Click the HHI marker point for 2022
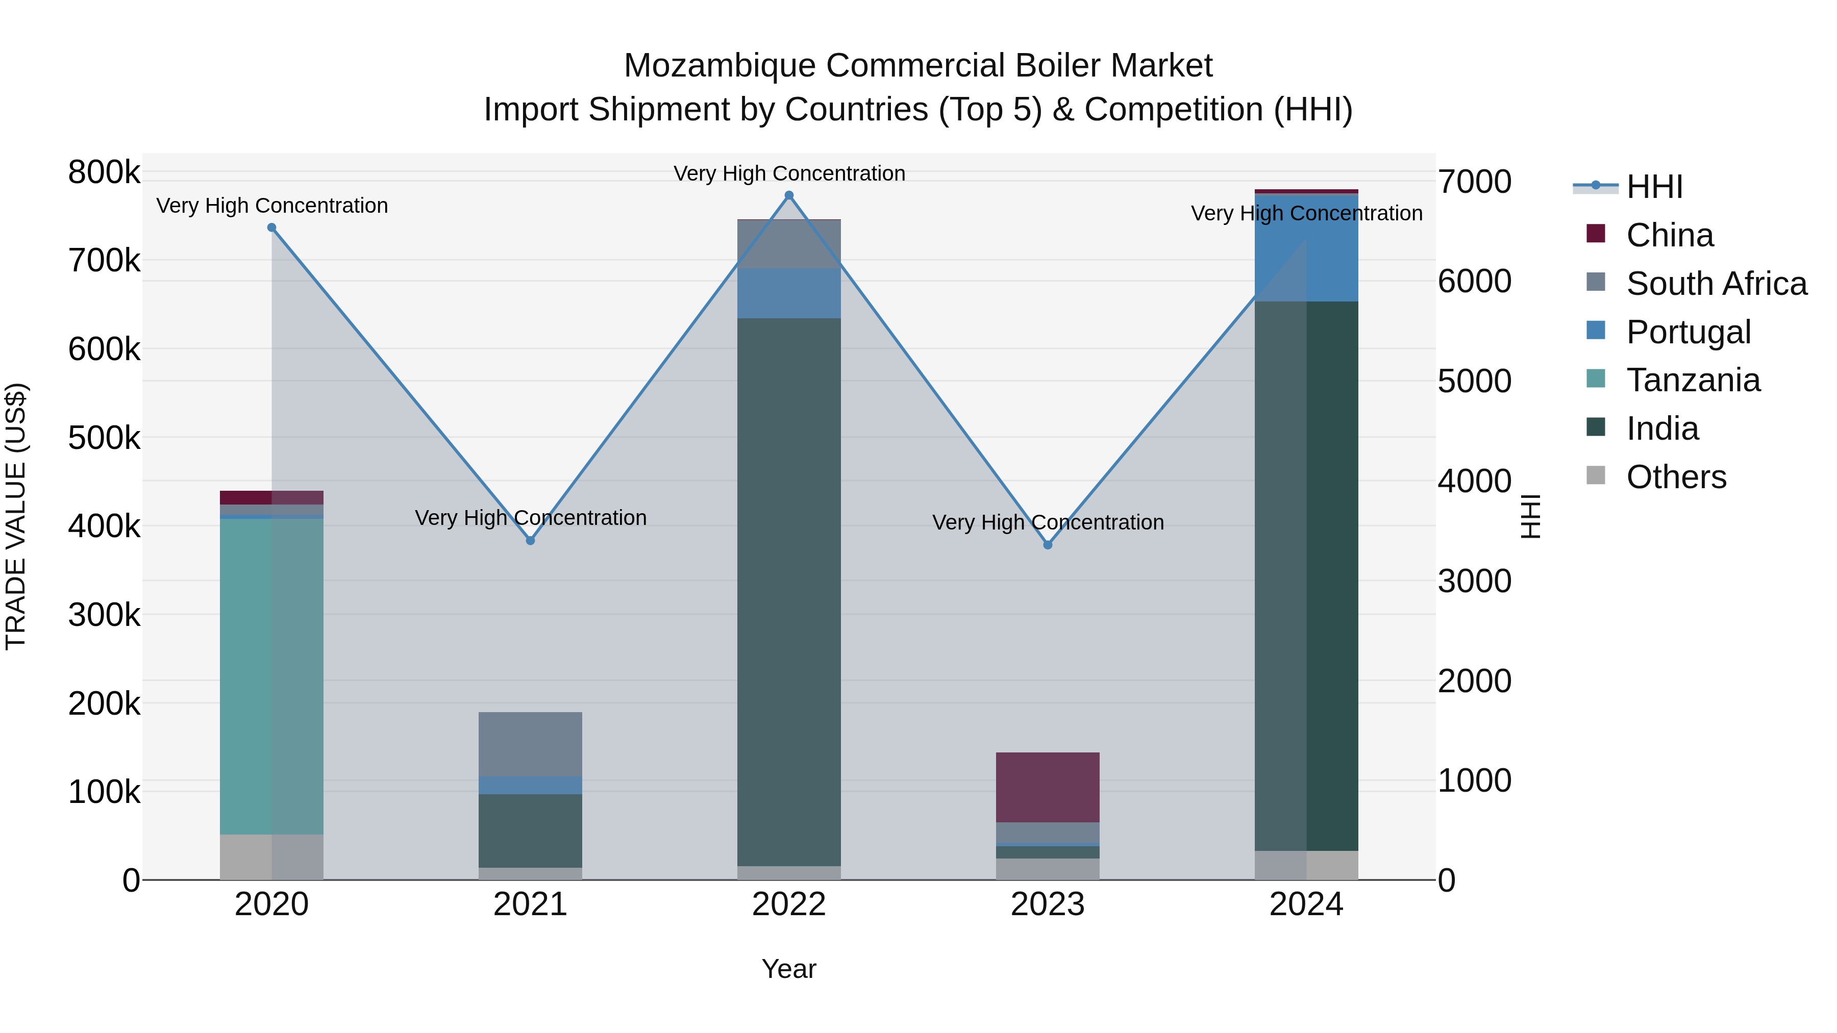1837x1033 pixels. click(x=789, y=195)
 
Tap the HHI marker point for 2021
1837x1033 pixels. click(x=530, y=540)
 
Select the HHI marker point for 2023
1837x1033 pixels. click(x=1048, y=545)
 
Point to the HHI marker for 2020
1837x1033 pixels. click(x=271, y=228)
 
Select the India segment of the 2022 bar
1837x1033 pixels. click(x=789, y=592)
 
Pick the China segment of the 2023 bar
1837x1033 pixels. click(x=1048, y=787)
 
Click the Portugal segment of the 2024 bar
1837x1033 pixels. click(x=1306, y=247)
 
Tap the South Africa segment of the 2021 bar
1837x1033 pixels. click(x=530, y=744)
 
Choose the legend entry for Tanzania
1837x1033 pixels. click(x=1692, y=380)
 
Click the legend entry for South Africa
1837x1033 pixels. click(x=1716, y=283)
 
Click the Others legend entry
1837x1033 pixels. click(x=1675, y=477)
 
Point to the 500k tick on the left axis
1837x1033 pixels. click(x=104, y=438)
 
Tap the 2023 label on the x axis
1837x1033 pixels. click(x=1048, y=904)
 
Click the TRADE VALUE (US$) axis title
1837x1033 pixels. click(x=16, y=516)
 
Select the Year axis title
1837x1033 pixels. click(x=789, y=969)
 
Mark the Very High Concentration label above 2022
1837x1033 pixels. click(x=789, y=173)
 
